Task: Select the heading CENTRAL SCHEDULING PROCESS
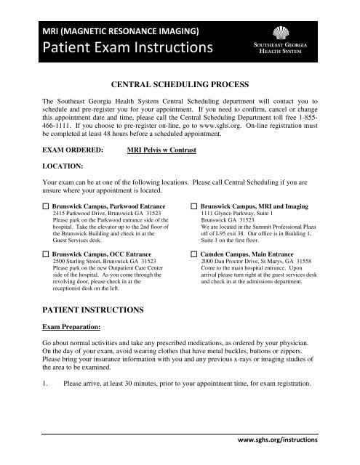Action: (179, 85)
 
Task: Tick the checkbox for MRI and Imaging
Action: (194, 207)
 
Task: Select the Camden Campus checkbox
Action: (194, 256)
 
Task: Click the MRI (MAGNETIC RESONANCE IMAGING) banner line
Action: (121, 31)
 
